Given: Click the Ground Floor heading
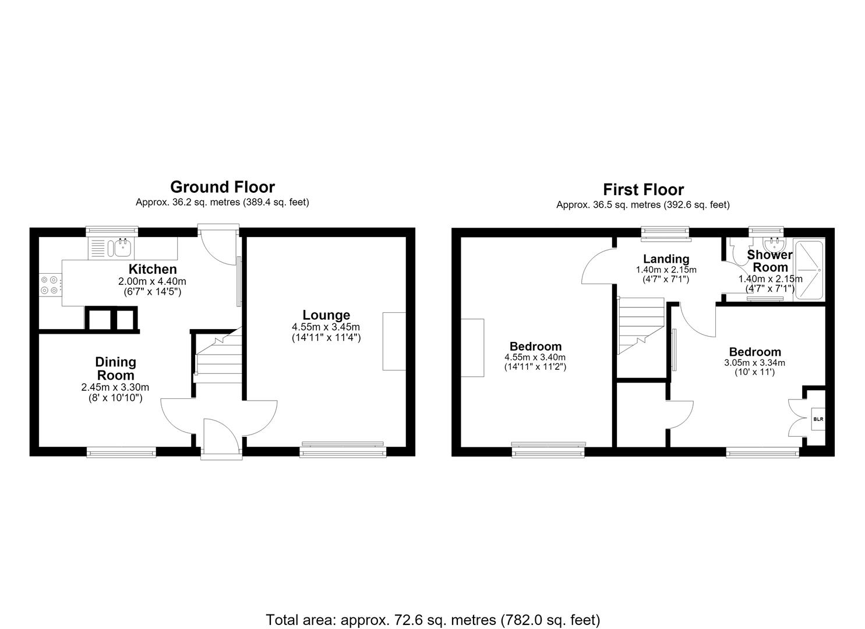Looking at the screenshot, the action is [x=223, y=188].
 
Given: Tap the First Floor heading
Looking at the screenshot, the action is [x=643, y=190].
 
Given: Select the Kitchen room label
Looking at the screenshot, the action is [x=153, y=268].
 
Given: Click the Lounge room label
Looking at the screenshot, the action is [x=326, y=315].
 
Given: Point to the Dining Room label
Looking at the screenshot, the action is [x=115, y=368].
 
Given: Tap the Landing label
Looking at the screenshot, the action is [x=666, y=259].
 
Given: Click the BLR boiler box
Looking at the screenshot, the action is [x=818, y=419].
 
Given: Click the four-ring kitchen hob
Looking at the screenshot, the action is [x=50, y=285].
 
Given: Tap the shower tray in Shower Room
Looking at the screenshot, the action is [x=809, y=270].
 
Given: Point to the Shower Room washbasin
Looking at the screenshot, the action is [x=774, y=244].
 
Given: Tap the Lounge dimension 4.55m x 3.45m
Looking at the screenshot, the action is [x=326, y=327].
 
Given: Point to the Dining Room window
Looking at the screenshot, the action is [x=121, y=452].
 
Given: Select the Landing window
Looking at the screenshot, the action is [x=666, y=234].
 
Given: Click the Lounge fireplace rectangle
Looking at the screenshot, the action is [x=394, y=341].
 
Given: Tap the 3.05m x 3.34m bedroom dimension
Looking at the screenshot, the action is [x=754, y=363].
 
